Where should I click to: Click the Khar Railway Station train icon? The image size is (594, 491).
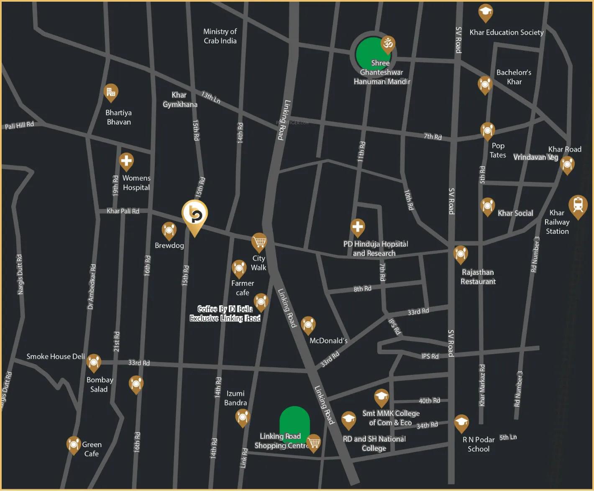click(x=578, y=205)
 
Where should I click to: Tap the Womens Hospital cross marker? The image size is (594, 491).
click(x=126, y=161)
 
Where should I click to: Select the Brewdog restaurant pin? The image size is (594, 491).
click(x=169, y=230)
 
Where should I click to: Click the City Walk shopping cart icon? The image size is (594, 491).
click(x=259, y=241)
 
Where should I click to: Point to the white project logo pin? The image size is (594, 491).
click(x=195, y=215)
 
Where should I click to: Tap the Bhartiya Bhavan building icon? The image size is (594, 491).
click(x=111, y=92)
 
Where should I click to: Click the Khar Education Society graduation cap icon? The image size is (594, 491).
click(x=485, y=12)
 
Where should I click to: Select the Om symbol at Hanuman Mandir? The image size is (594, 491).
click(x=388, y=43)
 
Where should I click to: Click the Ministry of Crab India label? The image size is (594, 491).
click(x=220, y=36)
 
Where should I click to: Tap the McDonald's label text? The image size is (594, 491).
click(x=328, y=341)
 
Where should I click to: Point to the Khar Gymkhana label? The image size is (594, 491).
click(x=180, y=100)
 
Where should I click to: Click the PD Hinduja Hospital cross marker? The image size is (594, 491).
click(x=358, y=227)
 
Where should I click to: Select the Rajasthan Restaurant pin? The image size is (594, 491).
click(x=460, y=253)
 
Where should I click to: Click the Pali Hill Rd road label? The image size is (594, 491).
click(x=19, y=125)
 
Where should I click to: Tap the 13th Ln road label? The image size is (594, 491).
click(x=211, y=97)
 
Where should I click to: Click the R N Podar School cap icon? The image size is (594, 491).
click(x=461, y=422)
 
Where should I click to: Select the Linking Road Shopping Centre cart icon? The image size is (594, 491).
click(x=313, y=442)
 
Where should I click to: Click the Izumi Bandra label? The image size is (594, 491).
click(x=236, y=398)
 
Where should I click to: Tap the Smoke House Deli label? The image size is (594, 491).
click(x=56, y=356)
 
